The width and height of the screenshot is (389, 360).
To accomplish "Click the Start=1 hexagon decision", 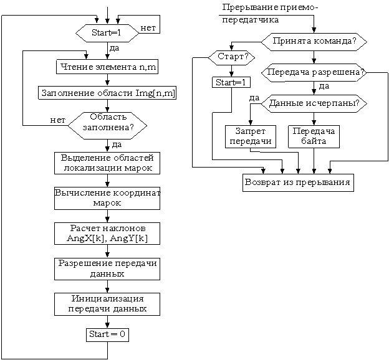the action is pos(107,33).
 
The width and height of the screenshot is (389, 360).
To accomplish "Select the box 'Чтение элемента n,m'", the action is pos(107,67).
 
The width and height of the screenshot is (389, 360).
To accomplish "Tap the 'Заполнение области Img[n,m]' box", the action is pos(107,93).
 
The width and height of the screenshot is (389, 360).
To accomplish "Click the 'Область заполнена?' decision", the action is pos(107,126).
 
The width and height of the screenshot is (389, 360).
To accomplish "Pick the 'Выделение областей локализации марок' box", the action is pos(107,163).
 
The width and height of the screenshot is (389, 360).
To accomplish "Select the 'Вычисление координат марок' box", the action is pos(107,198).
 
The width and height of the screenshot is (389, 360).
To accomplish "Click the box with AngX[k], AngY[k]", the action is pos(107,234).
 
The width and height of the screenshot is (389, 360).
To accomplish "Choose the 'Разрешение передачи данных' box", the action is pos(107,269).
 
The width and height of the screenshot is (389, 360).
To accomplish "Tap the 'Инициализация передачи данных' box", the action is pos(107,304).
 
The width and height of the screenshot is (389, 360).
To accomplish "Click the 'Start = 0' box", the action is pos(107,335).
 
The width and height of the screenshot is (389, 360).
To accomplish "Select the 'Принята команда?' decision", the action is pos(314,42).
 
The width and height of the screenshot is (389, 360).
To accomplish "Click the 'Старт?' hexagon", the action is pos(231,57).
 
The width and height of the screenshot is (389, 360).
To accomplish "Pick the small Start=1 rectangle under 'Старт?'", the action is pos(231,82).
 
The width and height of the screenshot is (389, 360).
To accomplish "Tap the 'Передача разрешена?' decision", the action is pos(314,73).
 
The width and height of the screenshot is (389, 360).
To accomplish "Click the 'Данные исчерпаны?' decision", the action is pos(314,103).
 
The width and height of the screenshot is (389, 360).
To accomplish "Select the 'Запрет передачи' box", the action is pos(251,136).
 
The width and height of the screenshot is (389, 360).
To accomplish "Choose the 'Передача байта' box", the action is pos(314,136).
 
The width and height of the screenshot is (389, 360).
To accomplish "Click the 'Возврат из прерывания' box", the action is pos(298,182).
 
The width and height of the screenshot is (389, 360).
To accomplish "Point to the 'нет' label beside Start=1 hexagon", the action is pos(148,28).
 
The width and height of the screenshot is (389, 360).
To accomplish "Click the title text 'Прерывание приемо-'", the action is pos(270,7).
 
